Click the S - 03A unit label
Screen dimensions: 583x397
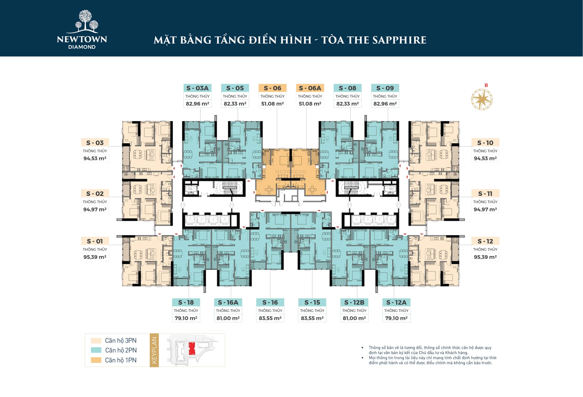tap(197, 88)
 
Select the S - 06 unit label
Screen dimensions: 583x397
tap(272, 88)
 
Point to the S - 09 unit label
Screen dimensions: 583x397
tap(385, 88)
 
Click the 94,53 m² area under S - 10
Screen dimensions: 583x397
tap(485, 158)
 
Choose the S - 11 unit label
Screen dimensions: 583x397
tap(485, 193)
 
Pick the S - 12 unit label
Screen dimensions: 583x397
tap(485, 241)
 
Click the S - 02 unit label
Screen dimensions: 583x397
tap(95, 193)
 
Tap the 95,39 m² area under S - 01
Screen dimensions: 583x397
tap(95, 257)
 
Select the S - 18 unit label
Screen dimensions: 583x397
tap(186, 302)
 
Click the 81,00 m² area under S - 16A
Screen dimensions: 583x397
tap(228, 318)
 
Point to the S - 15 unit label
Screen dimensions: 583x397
tap(312, 302)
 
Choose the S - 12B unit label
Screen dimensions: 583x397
tap(354, 302)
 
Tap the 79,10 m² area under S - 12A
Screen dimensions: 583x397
tap(396, 318)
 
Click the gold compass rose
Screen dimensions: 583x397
tap(482, 99)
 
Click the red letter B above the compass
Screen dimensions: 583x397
tap(486, 85)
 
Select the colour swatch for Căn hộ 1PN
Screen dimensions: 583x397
tap(96, 360)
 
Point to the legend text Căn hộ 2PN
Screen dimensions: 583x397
tap(121, 350)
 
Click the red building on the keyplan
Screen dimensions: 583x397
tap(192, 348)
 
